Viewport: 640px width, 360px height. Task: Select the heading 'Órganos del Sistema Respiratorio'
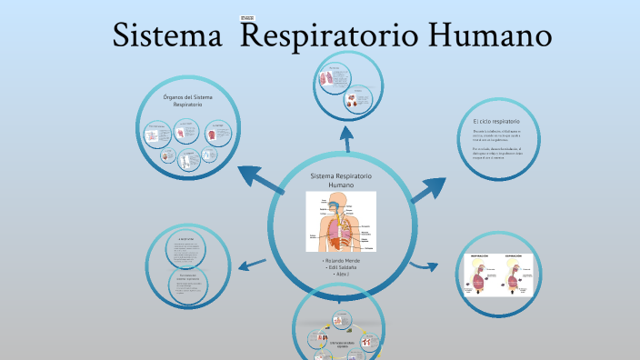tap(188, 100)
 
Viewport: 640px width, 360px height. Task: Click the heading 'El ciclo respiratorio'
tap(496, 121)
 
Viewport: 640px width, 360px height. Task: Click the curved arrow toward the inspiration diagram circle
tap(420, 266)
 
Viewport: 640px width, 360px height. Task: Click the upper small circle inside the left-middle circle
tap(187, 249)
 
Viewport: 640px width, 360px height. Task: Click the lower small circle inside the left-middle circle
tap(189, 285)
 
